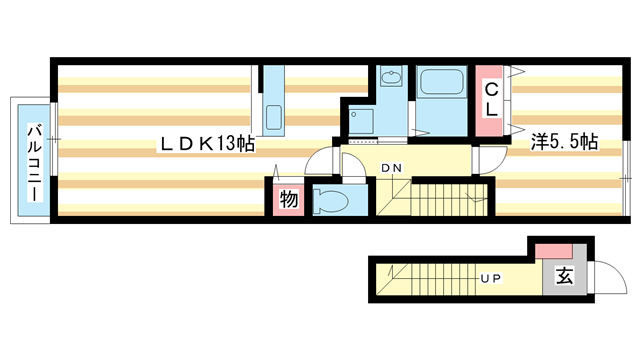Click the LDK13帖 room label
click(207, 143)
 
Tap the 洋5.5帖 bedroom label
click(564, 142)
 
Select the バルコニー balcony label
click(33, 161)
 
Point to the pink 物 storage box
click(288, 199)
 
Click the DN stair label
click(391, 168)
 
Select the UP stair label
click(491, 277)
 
